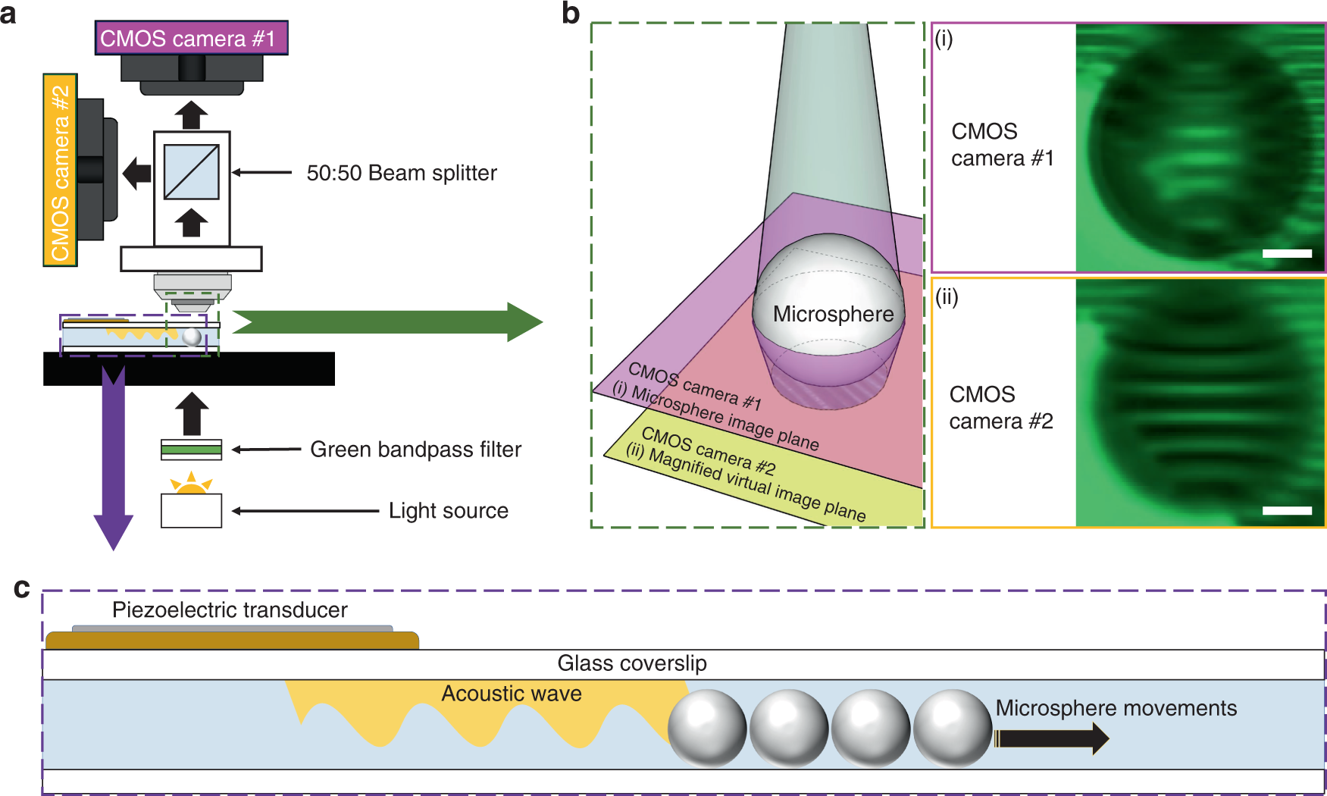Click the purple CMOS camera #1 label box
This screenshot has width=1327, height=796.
click(191, 38)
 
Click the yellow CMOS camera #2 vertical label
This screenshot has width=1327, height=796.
click(60, 171)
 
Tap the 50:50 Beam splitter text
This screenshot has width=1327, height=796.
click(401, 173)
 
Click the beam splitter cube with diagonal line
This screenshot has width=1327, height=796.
click(191, 172)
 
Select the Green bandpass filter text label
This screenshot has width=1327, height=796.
click(415, 450)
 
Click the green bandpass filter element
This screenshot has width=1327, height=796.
click(191, 450)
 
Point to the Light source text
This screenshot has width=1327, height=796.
click(448, 511)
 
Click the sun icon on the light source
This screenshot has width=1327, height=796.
click(191, 484)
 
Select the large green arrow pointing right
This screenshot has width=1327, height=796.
click(387, 322)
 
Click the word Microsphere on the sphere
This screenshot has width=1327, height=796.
click(833, 314)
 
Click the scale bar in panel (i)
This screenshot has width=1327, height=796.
click(1287, 253)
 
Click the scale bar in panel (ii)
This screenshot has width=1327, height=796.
click(1287, 511)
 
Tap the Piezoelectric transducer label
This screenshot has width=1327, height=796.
click(230, 610)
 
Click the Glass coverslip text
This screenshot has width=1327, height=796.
click(631, 663)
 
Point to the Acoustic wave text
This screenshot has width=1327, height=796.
click(512, 694)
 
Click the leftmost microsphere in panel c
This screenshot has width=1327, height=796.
click(706, 728)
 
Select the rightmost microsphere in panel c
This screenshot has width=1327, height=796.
click(953, 728)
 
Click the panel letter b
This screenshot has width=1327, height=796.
click(571, 13)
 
